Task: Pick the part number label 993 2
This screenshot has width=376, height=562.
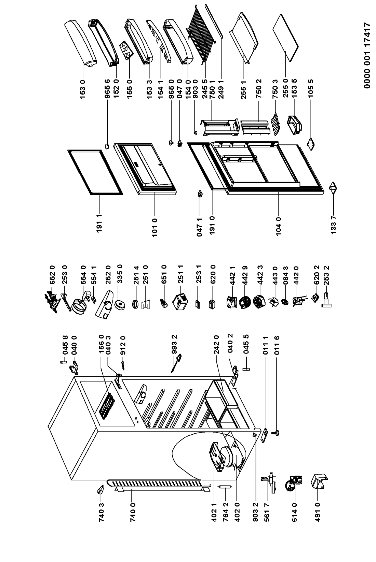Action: click(174, 344)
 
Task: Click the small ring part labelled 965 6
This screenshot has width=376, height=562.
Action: click(107, 146)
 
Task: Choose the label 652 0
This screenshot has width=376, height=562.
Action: click(52, 274)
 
